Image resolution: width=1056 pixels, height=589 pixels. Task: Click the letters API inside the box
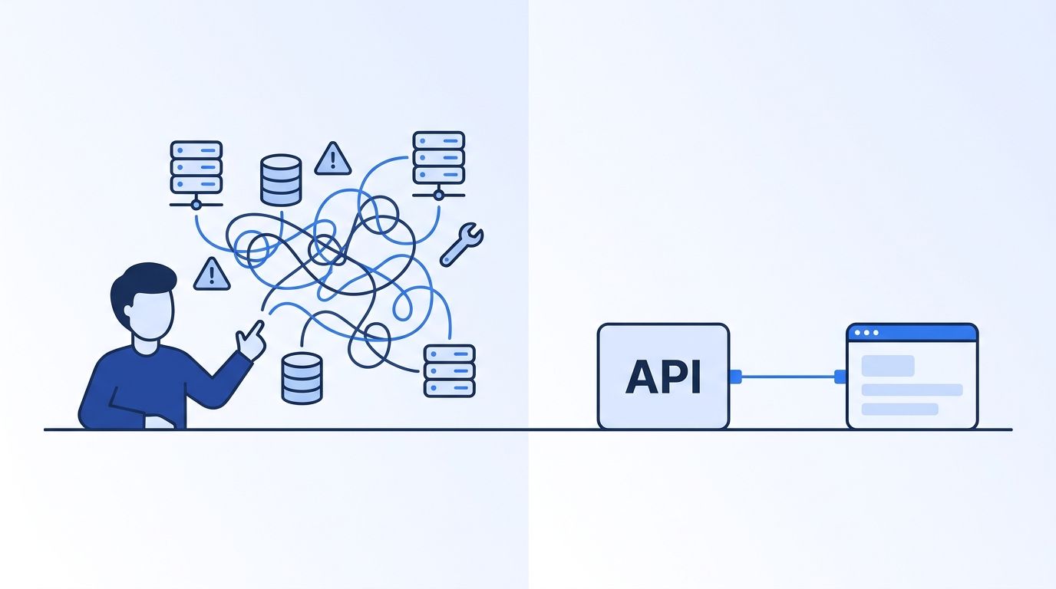663,377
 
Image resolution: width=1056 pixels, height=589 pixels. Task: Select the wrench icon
461,245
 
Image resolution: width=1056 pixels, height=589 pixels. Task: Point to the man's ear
128,311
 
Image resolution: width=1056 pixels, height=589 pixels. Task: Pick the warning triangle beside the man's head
212,274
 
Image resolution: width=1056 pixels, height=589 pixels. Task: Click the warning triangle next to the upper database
333,159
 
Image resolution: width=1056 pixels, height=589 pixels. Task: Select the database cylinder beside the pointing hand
302,378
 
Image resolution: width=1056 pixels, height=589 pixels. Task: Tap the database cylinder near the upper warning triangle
281,180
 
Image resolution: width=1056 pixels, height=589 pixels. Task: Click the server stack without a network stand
449,371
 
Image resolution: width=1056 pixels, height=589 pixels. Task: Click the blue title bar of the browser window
912,333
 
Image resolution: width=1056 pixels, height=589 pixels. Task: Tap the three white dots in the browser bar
866,333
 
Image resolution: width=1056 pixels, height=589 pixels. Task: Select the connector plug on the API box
735,377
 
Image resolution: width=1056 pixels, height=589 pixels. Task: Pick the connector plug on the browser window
840,377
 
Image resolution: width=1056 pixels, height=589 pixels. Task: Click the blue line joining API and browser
787,377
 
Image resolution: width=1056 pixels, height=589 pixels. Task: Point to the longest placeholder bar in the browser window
912,390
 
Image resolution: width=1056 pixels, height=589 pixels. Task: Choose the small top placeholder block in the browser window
888,366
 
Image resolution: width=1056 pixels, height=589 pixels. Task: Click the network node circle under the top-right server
439,195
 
